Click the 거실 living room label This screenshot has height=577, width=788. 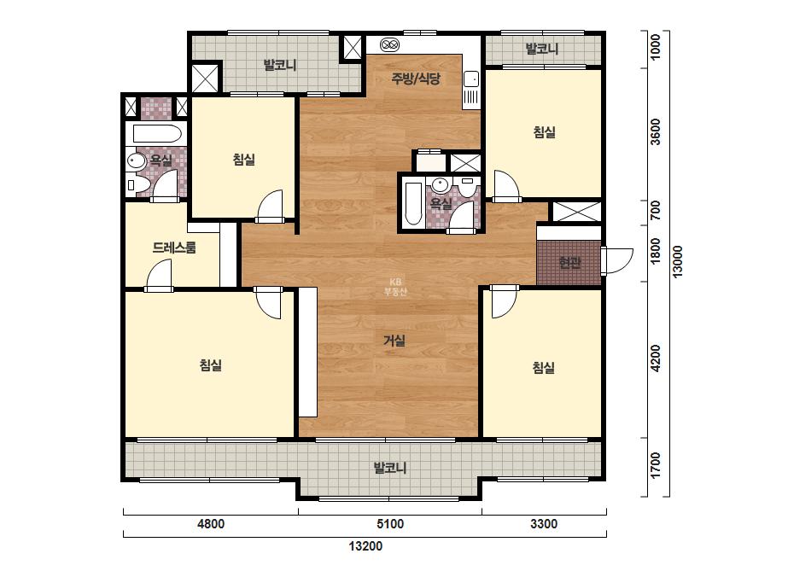394,341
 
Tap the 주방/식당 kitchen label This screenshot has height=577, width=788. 416,79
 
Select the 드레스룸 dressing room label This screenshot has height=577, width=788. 174,248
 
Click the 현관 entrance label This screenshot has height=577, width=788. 569,262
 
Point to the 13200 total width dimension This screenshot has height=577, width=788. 365,545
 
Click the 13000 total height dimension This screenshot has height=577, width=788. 677,261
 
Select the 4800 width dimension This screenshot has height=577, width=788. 211,524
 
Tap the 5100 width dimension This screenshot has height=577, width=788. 390,524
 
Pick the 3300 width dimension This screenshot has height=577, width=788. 544,524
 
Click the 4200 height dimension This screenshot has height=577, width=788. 656,358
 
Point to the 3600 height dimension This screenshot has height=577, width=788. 656,131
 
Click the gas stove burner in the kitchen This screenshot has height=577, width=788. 390,44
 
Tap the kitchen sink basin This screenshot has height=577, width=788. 471,79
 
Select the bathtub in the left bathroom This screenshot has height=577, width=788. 156,134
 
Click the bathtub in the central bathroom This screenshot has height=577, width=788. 413,203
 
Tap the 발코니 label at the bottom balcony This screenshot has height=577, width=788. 389,468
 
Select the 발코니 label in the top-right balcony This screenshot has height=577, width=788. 542,49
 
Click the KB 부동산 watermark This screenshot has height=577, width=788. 395,287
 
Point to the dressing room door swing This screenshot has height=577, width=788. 159,277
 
